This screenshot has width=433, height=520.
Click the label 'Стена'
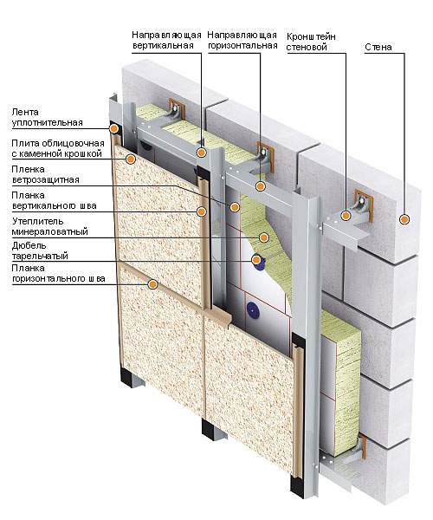coord(378,47)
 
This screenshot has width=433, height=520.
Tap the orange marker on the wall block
coord(404,219)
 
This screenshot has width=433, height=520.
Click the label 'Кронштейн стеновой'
coord(311,42)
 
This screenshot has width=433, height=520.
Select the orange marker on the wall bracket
coord(346,216)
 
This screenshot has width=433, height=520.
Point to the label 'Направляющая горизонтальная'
coord(242,40)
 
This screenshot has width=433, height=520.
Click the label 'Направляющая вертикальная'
coord(166,40)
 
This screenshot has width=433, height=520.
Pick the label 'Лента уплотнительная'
coord(47,117)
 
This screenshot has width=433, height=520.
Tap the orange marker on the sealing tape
coord(114,128)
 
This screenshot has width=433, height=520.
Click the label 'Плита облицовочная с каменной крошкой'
coord(58,148)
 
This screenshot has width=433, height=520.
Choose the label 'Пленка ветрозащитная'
coord(45,174)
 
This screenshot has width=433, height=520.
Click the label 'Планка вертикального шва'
coord(54,201)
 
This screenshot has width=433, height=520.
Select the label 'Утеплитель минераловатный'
coord(49,226)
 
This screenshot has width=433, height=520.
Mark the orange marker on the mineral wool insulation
coord(264,237)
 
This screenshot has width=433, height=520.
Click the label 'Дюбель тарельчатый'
coord(40,250)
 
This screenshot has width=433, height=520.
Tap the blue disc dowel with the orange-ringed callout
coord(256,259)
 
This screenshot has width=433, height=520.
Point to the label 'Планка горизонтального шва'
coord(58,273)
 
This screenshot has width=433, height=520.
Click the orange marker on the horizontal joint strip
coord(152,284)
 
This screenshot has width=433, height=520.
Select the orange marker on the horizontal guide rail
coord(261,186)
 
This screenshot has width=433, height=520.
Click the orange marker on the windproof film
coord(235,207)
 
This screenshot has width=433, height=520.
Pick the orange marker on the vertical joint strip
coord(201,211)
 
